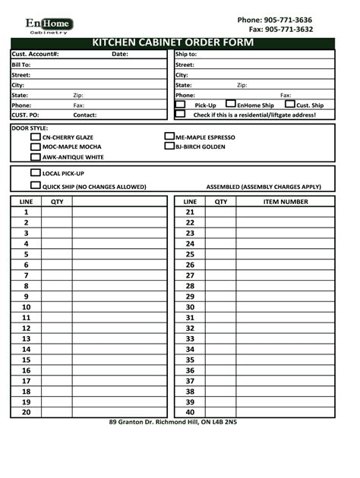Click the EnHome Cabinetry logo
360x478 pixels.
[49, 26]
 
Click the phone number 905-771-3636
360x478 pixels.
[274, 20]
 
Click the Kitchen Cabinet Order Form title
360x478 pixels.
[172, 42]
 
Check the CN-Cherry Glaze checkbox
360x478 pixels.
[35, 137]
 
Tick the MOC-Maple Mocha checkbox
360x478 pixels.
[35, 147]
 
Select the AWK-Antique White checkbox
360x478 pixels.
[35, 157]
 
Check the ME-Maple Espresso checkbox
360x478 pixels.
[169, 137]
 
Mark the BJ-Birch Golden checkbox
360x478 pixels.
[169, 146]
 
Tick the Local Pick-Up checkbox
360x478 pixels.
[35, 173]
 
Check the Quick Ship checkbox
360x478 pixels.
[35, 185]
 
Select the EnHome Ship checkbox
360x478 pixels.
[231, 104]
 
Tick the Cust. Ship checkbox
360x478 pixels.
[289, 104]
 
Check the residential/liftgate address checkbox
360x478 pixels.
[180, 115]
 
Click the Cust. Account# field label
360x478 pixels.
[35, 55]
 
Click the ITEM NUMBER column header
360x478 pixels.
[285, 202]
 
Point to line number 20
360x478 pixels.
[26, 412]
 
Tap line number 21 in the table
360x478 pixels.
[190, 212]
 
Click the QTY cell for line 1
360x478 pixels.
[57, 212]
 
